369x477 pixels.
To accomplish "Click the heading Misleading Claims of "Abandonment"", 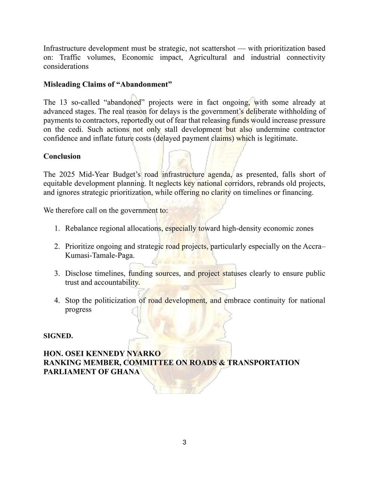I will click(x=108, y=84).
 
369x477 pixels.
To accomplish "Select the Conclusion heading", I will click(x=62, y=156).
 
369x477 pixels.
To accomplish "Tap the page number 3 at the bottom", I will click(x=184, y=442).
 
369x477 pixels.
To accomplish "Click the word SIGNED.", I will click(x=58, y=336).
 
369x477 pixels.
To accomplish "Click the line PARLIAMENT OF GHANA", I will click(x=91, y=372).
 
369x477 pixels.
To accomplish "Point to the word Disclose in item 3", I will click(x=79, y=274).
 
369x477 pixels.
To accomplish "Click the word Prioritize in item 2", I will click(x=81, y=247).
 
